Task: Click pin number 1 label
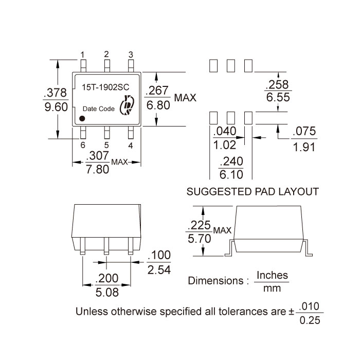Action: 83,55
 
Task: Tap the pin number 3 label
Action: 131,55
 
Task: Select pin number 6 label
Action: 83,145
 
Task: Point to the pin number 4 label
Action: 131,146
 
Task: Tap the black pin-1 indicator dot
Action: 82,118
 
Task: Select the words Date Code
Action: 99,109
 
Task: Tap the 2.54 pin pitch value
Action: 159,269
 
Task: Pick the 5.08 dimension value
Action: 107,292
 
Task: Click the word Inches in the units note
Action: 272,275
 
